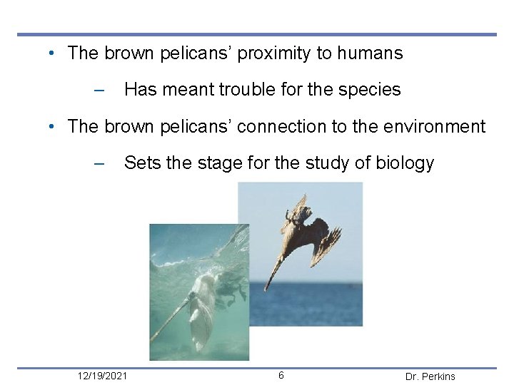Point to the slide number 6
[281, 375]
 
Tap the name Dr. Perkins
[430, 376]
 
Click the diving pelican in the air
[303, 239]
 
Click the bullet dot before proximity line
[54, 54]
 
